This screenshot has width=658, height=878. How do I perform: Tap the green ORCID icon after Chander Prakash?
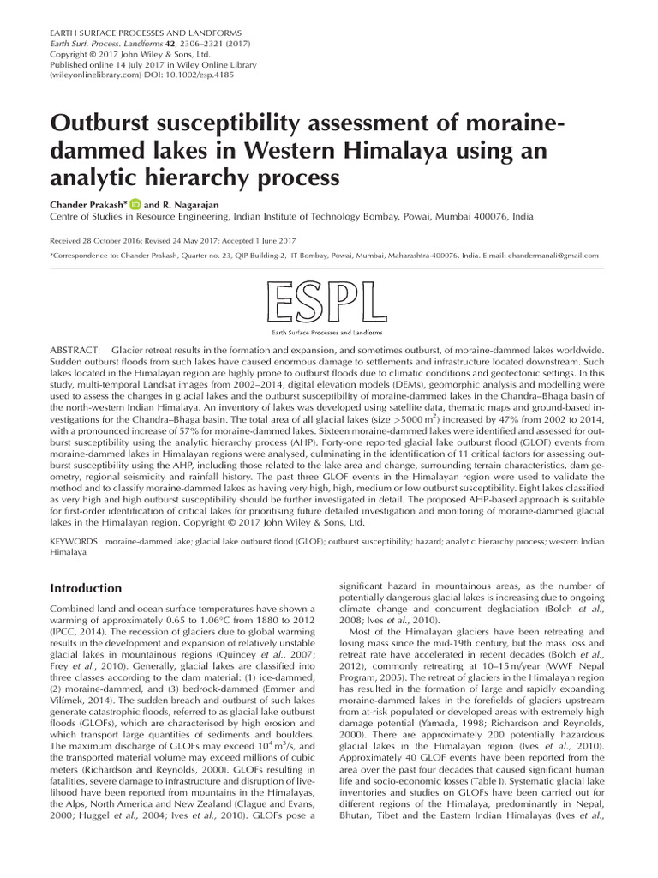point(135,206)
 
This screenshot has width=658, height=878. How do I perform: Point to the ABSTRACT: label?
point(75,352)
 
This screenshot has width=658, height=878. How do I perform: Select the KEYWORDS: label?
point(78,542)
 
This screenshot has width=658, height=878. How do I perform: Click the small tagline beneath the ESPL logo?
point(329,331)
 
